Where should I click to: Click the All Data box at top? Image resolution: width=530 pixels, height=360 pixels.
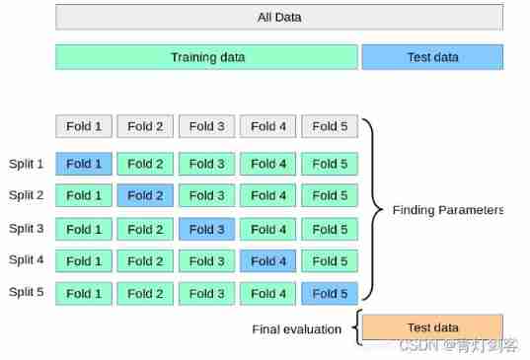coord(279,17)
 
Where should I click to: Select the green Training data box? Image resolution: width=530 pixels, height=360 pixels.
coord(207,57)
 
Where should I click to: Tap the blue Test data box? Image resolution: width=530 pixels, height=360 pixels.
coord(432,57)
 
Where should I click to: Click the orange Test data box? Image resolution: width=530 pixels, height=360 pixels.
coord(432,327)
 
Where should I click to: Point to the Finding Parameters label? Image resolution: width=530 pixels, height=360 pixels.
coord(447,210)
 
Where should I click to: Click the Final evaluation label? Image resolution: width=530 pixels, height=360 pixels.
coord(296,328)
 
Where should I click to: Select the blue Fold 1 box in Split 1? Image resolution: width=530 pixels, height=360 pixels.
coord(84,164)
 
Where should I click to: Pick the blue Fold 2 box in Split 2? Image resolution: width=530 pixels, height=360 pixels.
coord(145,195)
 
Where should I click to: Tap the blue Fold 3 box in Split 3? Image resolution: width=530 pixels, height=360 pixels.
coord(206,229)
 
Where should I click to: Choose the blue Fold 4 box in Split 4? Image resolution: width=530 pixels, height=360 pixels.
coord(267,261)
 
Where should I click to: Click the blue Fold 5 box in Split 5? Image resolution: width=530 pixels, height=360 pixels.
coord(330,293)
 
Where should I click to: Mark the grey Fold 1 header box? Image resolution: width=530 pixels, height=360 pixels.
coord(84,126)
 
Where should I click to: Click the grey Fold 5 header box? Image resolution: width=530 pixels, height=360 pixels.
coord(330,126)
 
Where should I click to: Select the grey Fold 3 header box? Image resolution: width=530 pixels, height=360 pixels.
coord(206,126)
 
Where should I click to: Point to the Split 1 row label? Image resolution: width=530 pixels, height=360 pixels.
coord(27,164)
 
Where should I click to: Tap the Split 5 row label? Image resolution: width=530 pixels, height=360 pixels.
coord(27,293)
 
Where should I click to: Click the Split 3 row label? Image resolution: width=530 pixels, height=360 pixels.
coord(27,229)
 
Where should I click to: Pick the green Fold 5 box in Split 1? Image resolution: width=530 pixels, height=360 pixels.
coord(330,164)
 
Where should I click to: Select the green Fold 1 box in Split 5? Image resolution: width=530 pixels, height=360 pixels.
coord(84,293)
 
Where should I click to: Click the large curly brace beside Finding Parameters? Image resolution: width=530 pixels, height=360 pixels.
coord(372,209)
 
